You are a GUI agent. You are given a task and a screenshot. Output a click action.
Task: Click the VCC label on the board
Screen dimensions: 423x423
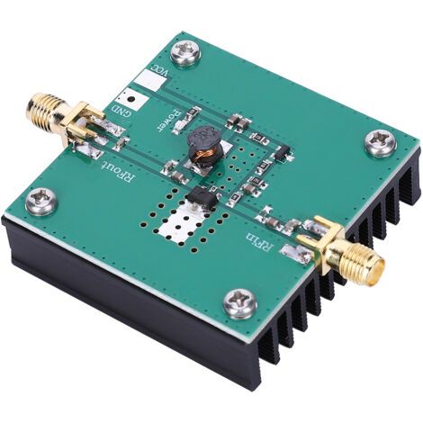(160, 70)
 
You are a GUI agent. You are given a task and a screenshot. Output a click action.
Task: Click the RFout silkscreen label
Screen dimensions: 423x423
(118, 173)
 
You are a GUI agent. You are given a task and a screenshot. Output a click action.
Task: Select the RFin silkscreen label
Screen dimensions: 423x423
(260, 240)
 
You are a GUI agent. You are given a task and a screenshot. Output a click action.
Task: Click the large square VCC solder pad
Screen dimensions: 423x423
(149, 80)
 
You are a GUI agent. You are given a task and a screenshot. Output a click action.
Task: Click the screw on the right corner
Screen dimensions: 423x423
(381, 142)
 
